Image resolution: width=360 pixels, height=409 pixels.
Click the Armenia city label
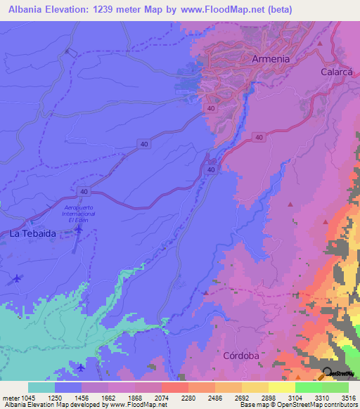click(x=270, y=59)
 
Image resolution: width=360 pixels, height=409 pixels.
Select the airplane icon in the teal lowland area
click(x=81, y=368)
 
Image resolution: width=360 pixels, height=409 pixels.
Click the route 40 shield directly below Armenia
click(x=211, y=108)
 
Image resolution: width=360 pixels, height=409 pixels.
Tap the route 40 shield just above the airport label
click(x=84, y=191)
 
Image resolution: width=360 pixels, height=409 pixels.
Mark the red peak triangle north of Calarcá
click(x=320, y=44)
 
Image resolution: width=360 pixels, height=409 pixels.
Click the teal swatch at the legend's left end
click(x=41, y=387)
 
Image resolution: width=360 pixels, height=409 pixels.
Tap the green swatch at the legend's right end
click(x=335, y=387)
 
